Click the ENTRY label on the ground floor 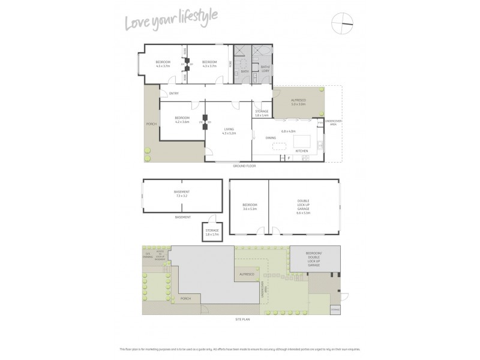[x=174, y=94]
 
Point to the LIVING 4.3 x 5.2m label [x=229, y=130]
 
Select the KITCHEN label [x=302, y=151]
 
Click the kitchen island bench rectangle [x=300, y=142]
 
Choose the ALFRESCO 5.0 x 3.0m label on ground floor [x=298, y=103]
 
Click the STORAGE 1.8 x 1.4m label [x=262, y=113]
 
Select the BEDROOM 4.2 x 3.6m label [x=182, y=119]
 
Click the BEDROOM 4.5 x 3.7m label [x=163, y=64]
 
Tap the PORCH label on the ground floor [x=151, y=124]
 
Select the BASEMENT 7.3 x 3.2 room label [x=182, y=194]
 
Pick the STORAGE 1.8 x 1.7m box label [x=212, y=232]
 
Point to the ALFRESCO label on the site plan [x=247, y=274]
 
